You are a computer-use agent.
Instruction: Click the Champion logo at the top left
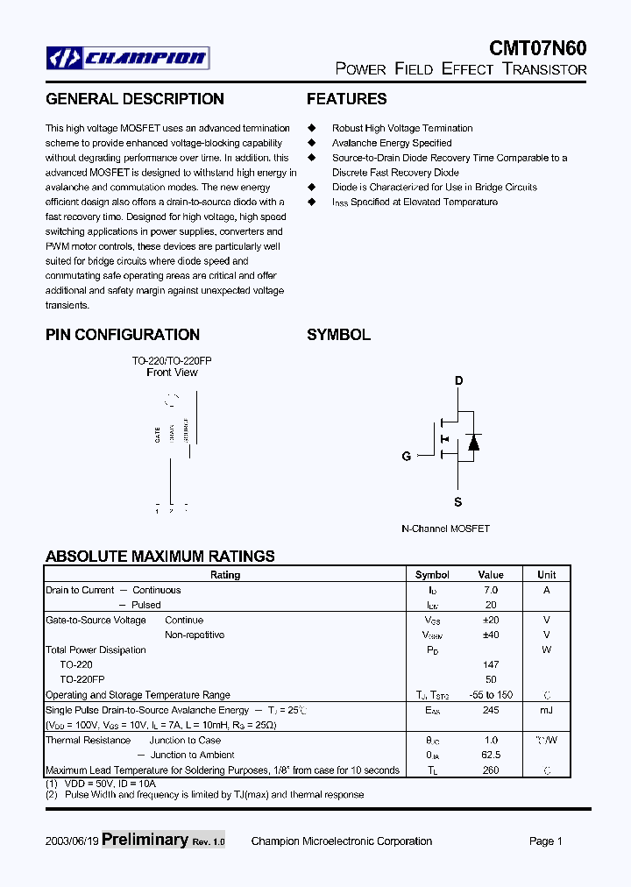click(x=128, y=59)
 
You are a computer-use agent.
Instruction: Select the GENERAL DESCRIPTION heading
click(x=134, y=99)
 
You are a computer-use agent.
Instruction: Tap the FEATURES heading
click(x=346, y=99)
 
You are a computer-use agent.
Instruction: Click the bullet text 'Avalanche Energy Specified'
click(x=392, y=143)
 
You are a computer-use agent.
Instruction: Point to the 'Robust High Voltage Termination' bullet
click(x=402, y=128)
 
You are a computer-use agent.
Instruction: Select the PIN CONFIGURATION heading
click(x=123, y=335)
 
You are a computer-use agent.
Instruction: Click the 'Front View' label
click(x=172, y=373)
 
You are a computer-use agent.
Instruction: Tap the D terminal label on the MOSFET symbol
click(x=458, y=380)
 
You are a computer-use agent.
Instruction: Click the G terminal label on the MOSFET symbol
click(x=407, y=456)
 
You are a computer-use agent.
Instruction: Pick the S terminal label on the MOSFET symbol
click(x=457, y=502)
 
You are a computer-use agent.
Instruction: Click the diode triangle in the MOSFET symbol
click(x=473, y=443)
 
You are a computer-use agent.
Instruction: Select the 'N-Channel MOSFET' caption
click(x=445, y=529)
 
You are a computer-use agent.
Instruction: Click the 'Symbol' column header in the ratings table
click(x=432, y=575)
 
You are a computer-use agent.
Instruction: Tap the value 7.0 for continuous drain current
click(x=491, y=590)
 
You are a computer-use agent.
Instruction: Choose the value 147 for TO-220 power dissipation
click(x=491, y=665)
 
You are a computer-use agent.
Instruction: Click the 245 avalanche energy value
click(x=491, y=711)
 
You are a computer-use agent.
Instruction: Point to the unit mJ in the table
click(x=546, y=711)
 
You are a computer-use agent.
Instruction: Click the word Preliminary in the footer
click(x=145, y=840)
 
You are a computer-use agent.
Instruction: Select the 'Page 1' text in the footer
click(x=545, y=841)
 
